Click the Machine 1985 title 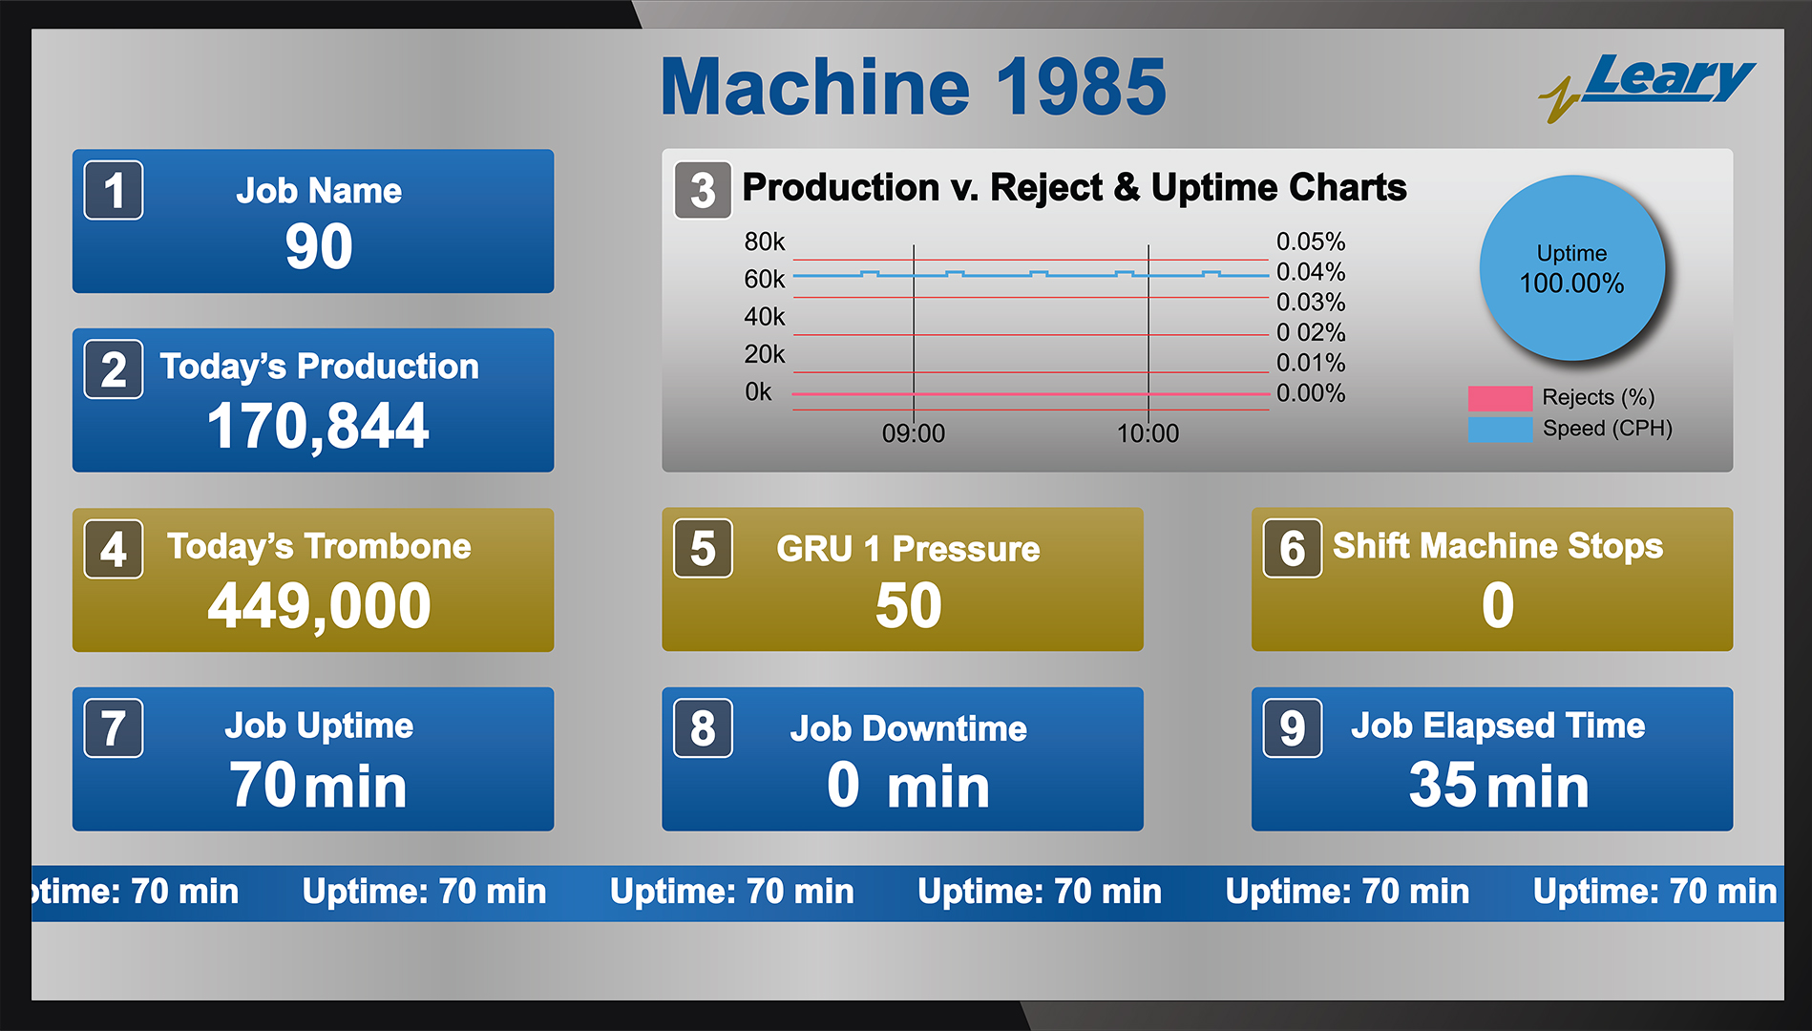click(x=913, y=87)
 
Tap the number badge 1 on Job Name click(x=114, y=190)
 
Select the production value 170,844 click(x=318, y=426)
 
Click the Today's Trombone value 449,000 click(x=319, y=605)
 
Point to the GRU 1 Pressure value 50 click(x=908, y=605)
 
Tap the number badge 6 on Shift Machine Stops click(x=1292, y=548)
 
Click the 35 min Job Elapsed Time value click(x=1497, y=786)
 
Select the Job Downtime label click(x=908, y=728)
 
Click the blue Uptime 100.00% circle click(x=1571, y=268)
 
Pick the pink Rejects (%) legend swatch click(x=1500, y=398)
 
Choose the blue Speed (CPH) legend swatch click(x=1500, y=429)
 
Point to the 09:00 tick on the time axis click(x=913, y=433)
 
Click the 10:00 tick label click(x=1148, y=433)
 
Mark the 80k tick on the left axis click(x=764, y=242)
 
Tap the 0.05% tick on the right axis click(x=1310, y=242)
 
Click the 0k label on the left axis click(x=758, y=392)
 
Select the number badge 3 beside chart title click(x=703, y=190)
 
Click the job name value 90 click(x=319, y=246)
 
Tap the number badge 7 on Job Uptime click(x=114, y=727)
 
